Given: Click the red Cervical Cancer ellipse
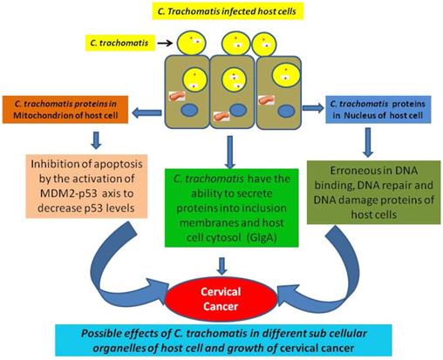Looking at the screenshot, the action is coord(221,299).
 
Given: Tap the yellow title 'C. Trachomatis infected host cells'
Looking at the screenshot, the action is coord(228,11).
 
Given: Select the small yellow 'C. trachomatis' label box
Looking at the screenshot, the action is coord(120,43).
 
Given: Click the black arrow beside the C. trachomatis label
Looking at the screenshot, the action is coord(165,43).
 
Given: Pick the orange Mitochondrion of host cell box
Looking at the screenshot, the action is coord(65,110).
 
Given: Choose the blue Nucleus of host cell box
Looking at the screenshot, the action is coord(378,110).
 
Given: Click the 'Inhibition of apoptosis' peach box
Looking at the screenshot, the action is coord(86,187).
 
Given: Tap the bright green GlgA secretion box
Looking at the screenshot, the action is coord(231,207).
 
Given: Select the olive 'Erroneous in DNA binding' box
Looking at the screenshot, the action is coord(373,193).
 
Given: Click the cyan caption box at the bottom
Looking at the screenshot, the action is coord(223,340).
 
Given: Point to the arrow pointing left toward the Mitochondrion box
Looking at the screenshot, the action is coord(147,112).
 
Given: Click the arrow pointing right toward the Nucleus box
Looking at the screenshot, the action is coord(313,108).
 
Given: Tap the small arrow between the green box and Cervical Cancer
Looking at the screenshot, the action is coord(222,266).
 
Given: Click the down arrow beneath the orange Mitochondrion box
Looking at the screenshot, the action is coord(96,140).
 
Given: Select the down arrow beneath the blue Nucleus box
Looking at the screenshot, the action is coord(368,142).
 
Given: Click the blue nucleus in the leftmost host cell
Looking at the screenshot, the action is coord(190,111).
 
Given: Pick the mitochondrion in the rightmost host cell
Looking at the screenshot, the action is coord(266,100).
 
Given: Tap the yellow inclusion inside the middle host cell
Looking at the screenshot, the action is coord(234,80).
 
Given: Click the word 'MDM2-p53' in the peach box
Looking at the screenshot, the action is coord(68,194).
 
